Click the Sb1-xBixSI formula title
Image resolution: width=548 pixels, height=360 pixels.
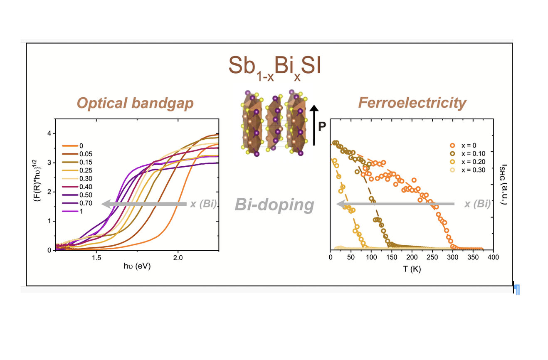[274, 67]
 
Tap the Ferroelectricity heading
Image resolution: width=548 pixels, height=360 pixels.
[412, 103]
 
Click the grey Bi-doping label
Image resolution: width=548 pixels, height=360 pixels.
[274, 205]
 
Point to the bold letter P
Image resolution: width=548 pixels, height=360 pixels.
[322, 127]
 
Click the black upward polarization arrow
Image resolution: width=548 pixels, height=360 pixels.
[314, 125]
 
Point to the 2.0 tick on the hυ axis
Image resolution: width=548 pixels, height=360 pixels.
[178, 258]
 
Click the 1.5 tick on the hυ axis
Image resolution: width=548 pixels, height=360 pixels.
[96, 258]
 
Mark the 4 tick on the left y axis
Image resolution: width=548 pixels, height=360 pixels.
[49, 133]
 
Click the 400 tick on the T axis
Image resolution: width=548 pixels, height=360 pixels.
[493, 258]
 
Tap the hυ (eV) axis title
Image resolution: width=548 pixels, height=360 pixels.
[137, 267]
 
